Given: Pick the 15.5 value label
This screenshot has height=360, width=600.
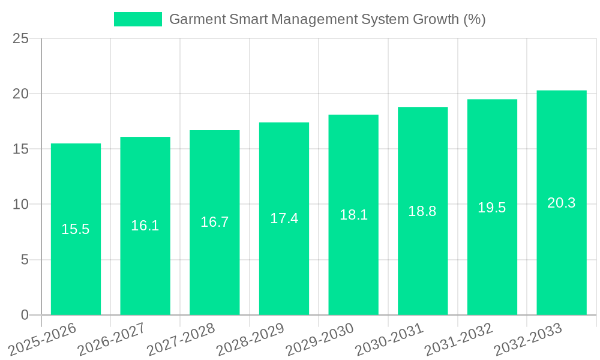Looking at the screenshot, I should pyautogui.click(x=76, y=229).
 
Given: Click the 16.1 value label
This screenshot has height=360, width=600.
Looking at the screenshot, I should pyautogui.click(x=145, y=226).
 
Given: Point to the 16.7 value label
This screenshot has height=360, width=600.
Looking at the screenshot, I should pyautogui.click(x=214, y=222).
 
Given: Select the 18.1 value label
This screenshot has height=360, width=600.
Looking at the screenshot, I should pyautogui.click(x=353, y=215).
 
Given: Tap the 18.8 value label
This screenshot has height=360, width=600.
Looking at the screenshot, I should pyautogui.click(x=422, y=211).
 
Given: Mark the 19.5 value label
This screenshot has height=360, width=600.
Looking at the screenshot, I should pyautogui.click(x=492, y=208).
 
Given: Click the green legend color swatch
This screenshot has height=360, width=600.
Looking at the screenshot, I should pyautogui.click(x=138, y=19).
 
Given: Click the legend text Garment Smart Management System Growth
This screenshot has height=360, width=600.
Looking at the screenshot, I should pyautogui.click(x=327, y=19).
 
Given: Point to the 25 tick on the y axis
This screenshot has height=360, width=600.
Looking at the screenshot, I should pyautogui.click(x=20, y=39).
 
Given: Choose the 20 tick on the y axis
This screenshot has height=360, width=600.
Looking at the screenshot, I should pyautogui.click(x=20, y=94).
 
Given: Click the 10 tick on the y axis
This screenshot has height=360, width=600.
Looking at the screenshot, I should pyautogui.click(x=20, y=205).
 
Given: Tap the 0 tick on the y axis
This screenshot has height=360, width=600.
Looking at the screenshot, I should pyautogui.click(x=25, y=315).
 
